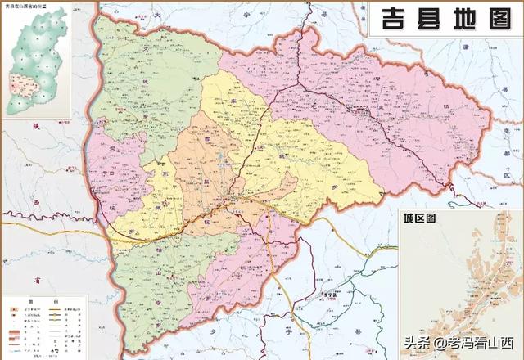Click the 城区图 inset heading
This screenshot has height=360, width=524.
click(419, 218)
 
